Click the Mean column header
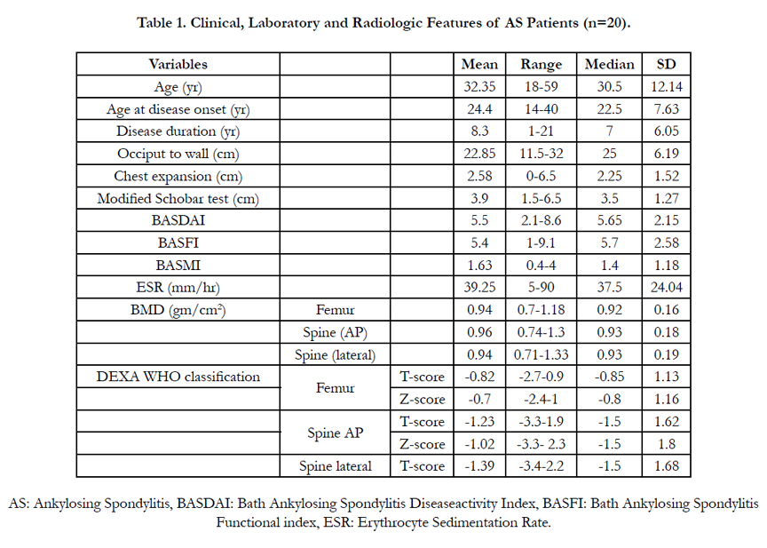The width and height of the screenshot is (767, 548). coord(479,64)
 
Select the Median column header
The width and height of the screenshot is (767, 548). coord(610,64)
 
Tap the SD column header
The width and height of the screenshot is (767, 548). coord(666,64)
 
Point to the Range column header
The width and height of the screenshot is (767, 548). coord(541,65)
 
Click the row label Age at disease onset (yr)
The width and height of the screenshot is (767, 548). coord(178,109)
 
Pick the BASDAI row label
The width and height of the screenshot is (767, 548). coord(178,220)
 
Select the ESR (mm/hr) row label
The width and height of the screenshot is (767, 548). coord(178,287)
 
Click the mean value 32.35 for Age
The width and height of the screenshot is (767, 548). coord(479,87)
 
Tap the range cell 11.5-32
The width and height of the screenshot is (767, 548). coord(541,154)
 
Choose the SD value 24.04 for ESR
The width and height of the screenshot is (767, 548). coord(666,287)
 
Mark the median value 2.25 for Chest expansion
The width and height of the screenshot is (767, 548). coord(610,176)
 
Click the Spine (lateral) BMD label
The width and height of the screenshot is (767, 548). coord(335,354)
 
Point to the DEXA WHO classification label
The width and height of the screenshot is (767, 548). coord(178,377)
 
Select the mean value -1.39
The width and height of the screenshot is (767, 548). coord(479,465)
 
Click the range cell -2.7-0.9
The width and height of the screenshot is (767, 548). coord(541,377)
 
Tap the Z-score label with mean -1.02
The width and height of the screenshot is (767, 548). coord(423,444)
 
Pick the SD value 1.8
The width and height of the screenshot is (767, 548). coord(666,444)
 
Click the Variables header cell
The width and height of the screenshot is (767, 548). coord(178,64)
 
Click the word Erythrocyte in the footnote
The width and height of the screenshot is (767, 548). coord(393,522)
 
